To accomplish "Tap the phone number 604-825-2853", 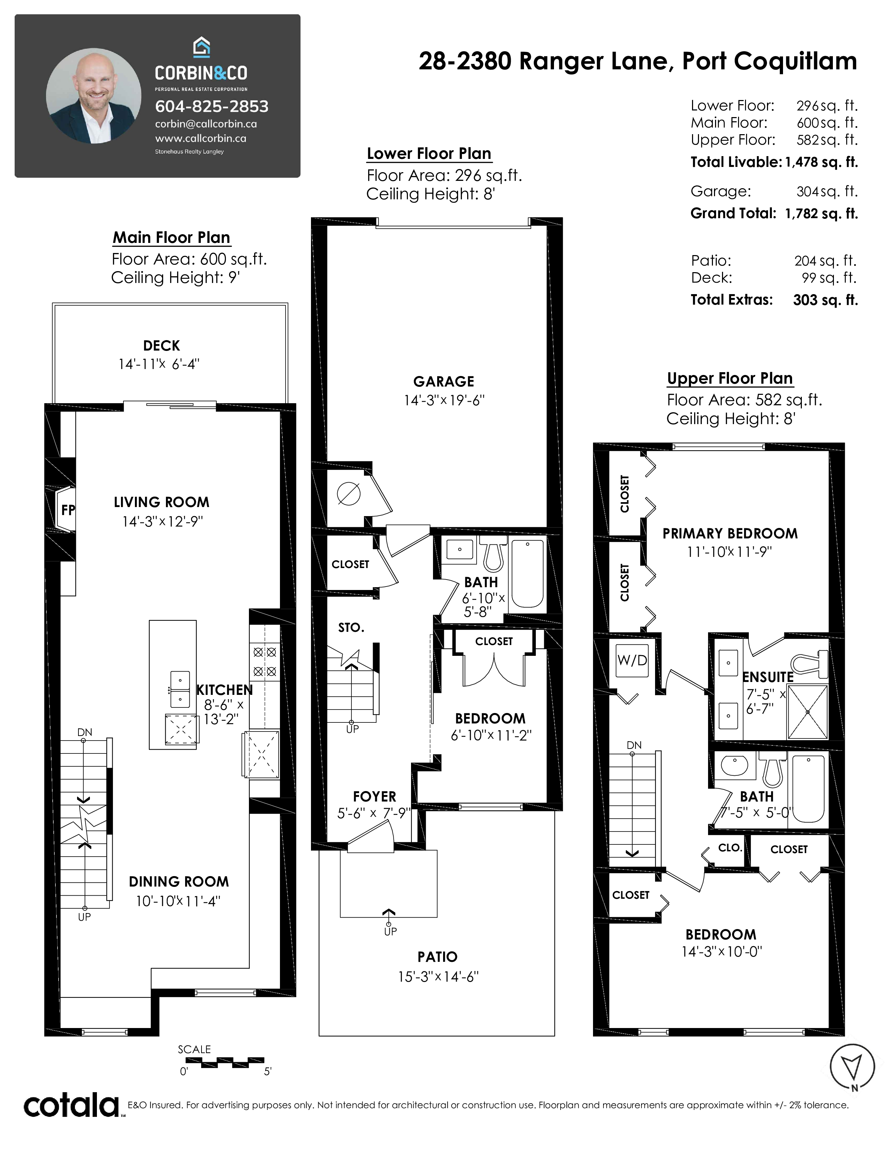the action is click(212, 106).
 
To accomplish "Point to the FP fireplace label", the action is click(68, 510).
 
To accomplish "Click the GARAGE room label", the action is click(443, 381).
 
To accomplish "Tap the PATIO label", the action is click(437, 957).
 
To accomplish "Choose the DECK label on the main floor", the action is click(161, 345).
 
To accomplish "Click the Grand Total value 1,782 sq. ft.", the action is click(821, 213).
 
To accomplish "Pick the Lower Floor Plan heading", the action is click(429, 153).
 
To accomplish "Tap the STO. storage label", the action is click(351, 627).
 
